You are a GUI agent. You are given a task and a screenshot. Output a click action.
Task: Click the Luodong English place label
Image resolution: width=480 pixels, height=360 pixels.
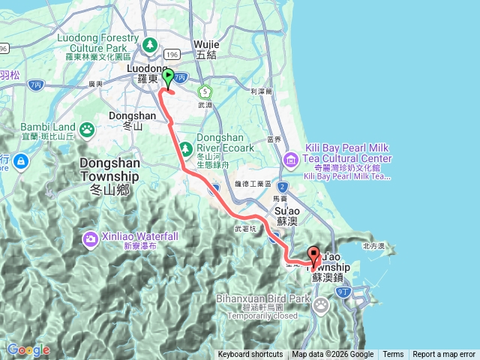(x=139, y=67)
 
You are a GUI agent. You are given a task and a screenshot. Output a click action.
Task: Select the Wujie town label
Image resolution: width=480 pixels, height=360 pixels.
(x=205, y=44)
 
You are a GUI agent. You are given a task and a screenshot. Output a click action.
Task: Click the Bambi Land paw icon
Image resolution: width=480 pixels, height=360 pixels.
(x=88, y=130)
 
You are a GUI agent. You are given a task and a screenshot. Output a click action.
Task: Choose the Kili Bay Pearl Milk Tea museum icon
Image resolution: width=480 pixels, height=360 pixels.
(x=290, y=159)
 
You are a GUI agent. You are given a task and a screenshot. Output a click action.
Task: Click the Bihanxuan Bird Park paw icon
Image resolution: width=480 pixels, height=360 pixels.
(x=321, y=304)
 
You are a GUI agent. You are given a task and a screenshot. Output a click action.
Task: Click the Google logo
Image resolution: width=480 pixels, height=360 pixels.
(x=28, y=349)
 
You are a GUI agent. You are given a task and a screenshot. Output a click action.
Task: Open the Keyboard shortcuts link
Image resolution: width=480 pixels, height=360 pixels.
(x=250, y=355)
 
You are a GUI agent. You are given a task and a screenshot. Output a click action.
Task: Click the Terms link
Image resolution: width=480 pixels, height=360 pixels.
(x=393, y=355)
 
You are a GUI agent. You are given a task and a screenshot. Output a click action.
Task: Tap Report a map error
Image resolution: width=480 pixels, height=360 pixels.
(x=444, y=355)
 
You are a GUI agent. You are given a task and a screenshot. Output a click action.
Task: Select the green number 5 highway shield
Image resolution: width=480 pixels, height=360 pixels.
(x=203, y=91)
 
